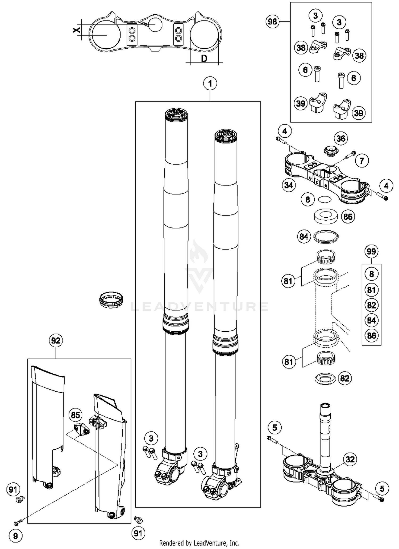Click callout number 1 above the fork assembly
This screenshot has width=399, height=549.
coord(210,84)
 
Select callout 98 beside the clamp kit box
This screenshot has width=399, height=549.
coord(272,22)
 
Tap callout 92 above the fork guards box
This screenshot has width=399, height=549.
coord(56,340)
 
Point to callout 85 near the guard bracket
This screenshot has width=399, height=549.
coord(76,415)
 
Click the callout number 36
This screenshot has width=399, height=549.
coord(341,138)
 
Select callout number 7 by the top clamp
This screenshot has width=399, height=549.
coord(362,161)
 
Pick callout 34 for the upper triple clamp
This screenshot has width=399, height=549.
coord(289,185)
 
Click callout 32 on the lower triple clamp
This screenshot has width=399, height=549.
coord(350,459)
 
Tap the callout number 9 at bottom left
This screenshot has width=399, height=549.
coord(15,536)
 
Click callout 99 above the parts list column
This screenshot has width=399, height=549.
coord(371,251)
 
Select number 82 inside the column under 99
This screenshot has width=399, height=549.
coord(371,305)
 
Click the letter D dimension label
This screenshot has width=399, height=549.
coord(204,58)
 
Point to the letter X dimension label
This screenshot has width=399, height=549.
coord(77,30)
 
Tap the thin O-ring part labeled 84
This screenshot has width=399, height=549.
coord(326,236)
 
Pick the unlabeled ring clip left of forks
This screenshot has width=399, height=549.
coord(111,299)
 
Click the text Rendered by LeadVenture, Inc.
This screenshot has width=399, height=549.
coord(199,543)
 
